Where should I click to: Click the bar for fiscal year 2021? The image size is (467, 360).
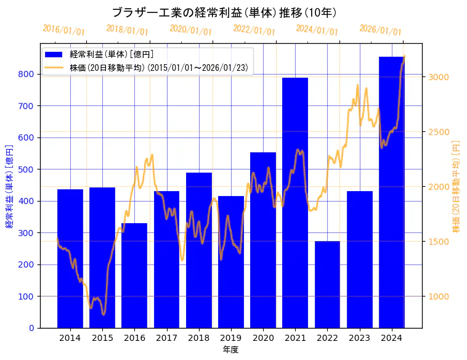pos(295,203)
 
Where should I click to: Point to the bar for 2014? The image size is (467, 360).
pos(70,259)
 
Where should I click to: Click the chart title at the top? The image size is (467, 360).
pos(224,12)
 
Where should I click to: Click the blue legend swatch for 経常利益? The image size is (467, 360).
pos(54,55)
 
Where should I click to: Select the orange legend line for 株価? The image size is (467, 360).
pos(54,68)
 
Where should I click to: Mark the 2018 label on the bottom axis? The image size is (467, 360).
pos(198,338)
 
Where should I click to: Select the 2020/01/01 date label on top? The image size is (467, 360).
pos(190,30)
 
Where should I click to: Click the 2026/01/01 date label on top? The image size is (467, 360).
pos(380,30)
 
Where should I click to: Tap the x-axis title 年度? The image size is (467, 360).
pos(230,350)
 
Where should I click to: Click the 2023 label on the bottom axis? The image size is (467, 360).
pos(359,338)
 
